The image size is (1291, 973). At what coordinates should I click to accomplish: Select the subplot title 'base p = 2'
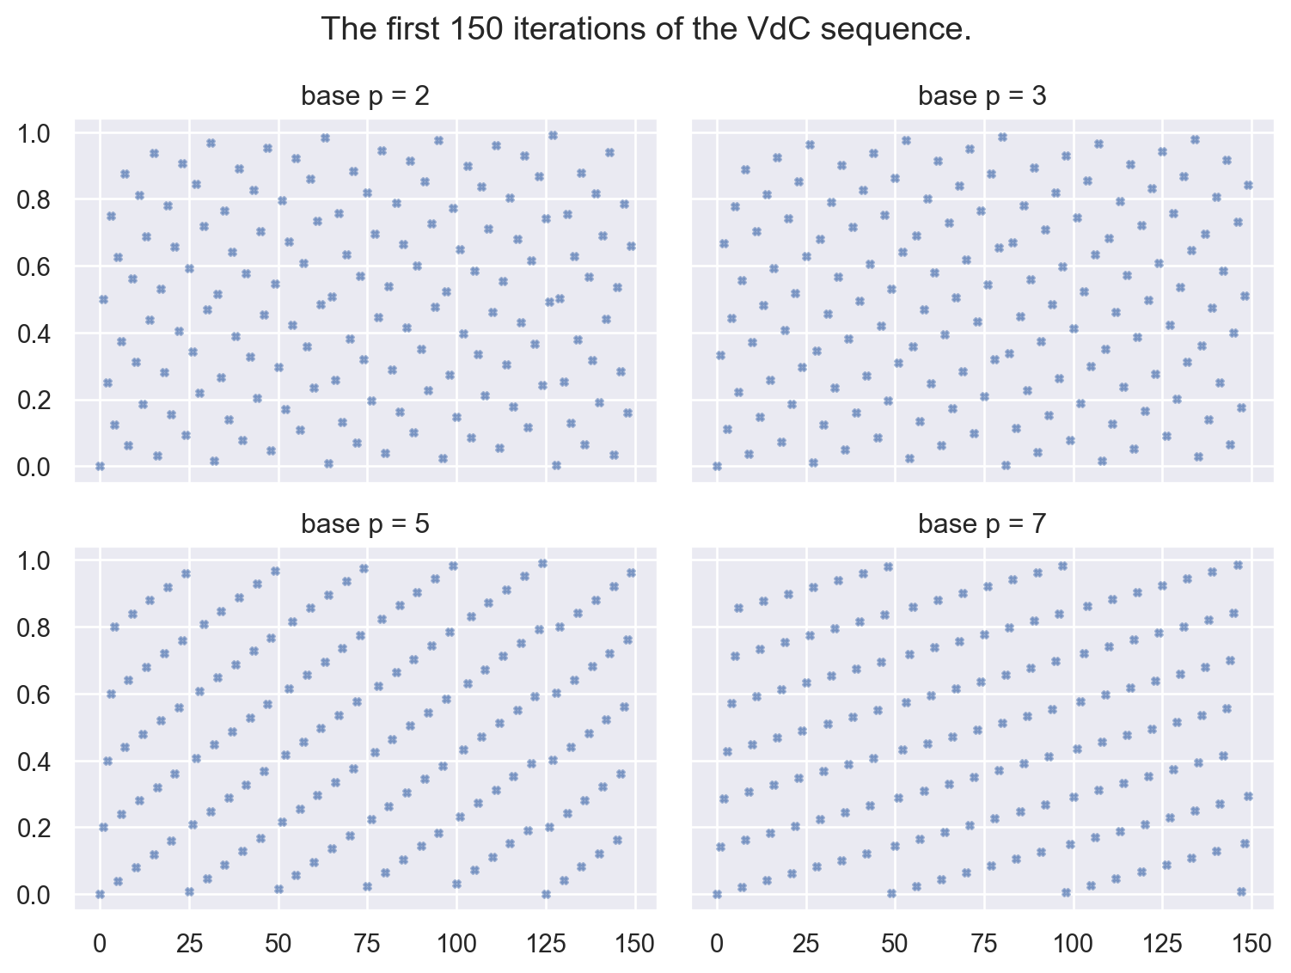click(364, 96)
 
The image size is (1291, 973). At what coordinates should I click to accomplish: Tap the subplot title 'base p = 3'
click(982, 96)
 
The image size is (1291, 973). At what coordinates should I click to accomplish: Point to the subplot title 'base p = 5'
click(364, 523)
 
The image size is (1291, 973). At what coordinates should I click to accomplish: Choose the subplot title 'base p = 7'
click(982, 523)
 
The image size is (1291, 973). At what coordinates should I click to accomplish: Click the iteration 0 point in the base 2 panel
click(100, 467)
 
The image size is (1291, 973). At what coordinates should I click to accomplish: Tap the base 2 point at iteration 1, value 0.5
click(103, 299)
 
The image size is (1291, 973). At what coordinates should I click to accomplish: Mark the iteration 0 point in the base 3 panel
click(717, 467)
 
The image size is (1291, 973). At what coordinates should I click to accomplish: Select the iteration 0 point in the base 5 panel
click(100, 895)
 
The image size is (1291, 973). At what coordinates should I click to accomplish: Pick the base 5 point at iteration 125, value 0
click(546, 895)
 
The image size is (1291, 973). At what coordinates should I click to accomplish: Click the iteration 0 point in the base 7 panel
click(717, 895)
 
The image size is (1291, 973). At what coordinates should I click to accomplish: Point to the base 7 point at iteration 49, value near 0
click(891, 893)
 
